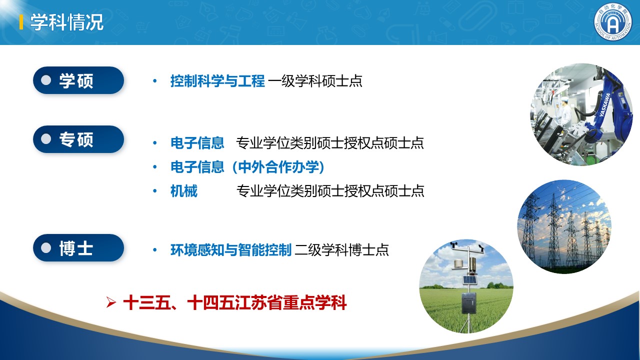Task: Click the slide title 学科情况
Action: click(x=67, y=22)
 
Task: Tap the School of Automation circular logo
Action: click(x=613, y=22)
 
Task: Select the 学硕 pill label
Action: click(x=78, y=80)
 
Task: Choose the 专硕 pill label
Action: click(x=78, y=139)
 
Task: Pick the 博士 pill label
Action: click(x=78, y=247)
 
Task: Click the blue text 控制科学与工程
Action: click(x=217, y=81)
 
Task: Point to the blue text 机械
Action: click(x=183, y=191)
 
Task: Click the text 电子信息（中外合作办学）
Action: click(x=247, y=167)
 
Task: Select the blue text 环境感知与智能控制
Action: click(x=231, y=249)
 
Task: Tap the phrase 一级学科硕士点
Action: click(x=315, y=81)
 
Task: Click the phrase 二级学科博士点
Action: click(x=341, y=249)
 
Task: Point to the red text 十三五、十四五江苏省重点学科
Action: click(x=235, y=302)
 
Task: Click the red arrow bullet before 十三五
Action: click(x=111, y=302)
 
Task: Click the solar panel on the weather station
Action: click(x=469, y=279)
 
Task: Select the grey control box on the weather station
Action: click(x=469, y=302)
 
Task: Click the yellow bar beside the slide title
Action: click(x=21, y=22)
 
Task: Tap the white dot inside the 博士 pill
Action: click(x=46, y=247)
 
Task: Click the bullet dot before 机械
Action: click(x=155, y=191)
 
